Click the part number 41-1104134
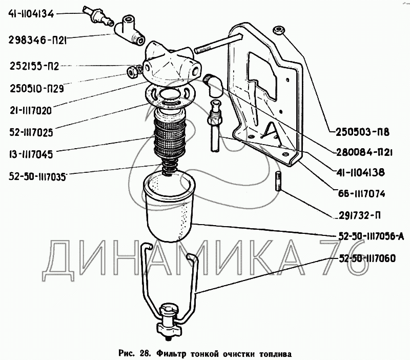click(x=31, y=14)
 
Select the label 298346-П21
click(x=37, y=41)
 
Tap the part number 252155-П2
click(x=34, y=66)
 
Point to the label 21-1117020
click(x=31, y=111)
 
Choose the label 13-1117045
click(x=31, y=154)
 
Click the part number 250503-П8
click(x=362, y=132)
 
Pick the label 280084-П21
click(x=364, y=152)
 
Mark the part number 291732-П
click(x=360, y=215)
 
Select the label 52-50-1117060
click(x=367, y=258)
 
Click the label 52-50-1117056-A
click(x=371, y=236)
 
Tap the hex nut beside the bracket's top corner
click(x=279, y=30)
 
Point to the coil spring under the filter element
click(x=170, y=168)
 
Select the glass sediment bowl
click(x=169, y=207)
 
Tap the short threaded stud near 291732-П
click(x=278, y=181)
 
